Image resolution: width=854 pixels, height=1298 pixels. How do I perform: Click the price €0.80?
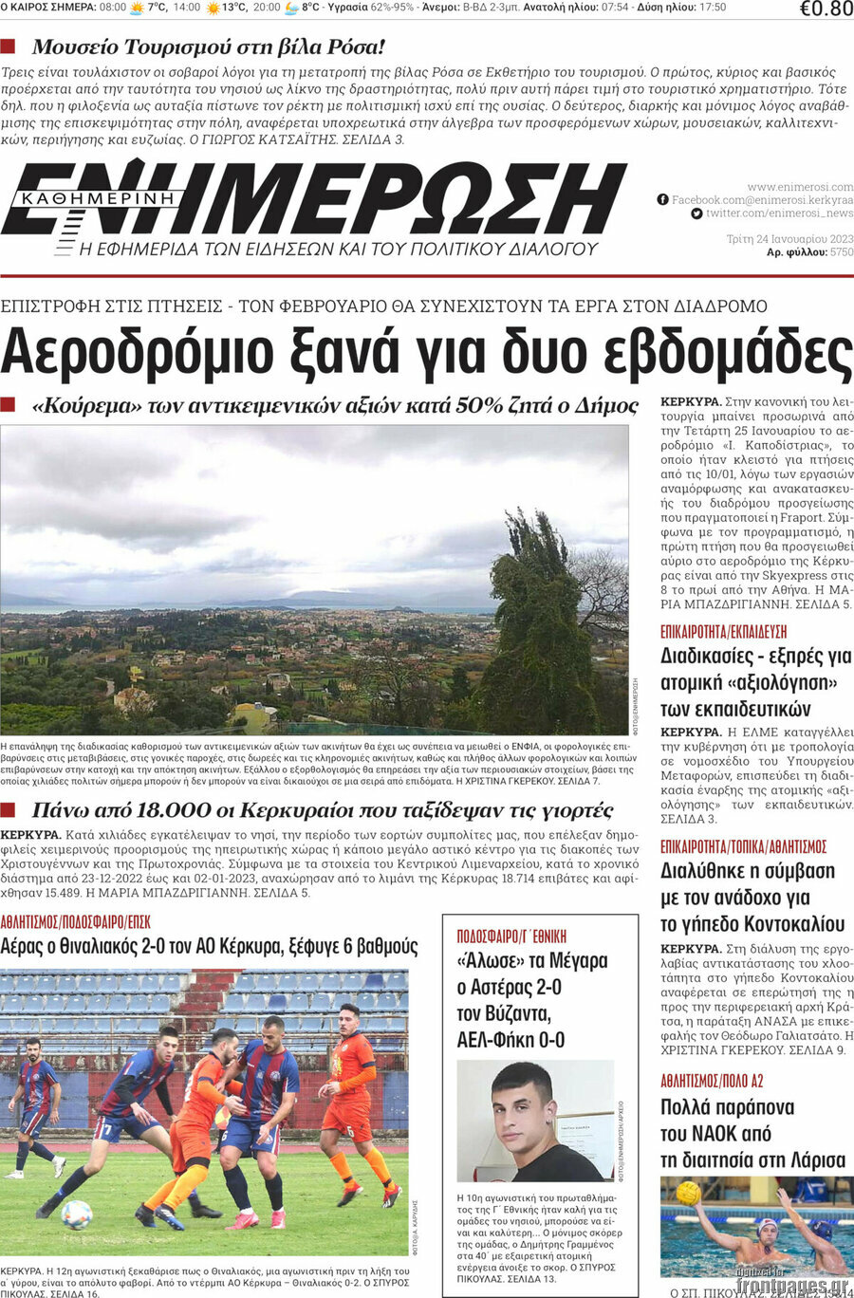coord(826,9)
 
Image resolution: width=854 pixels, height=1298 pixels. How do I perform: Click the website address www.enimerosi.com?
coord(800,187)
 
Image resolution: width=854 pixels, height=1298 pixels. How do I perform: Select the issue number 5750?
coord(842,252)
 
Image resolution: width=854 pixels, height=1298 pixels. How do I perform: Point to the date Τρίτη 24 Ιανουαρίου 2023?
coord(789,239)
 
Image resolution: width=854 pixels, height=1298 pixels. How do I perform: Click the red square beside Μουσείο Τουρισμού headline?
coord(9,46)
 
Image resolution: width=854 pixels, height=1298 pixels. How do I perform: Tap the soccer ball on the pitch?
coord(76,1214)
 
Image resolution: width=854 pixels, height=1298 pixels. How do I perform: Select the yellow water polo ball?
coord(688,1193)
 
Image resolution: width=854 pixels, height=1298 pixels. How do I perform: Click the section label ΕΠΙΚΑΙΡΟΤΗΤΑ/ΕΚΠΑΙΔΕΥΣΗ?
coord(723,632)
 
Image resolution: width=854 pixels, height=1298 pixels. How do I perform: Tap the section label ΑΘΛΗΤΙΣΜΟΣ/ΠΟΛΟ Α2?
coord(712,1081)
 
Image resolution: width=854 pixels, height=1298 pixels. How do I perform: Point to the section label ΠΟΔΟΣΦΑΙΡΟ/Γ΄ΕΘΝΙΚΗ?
coord(511,936)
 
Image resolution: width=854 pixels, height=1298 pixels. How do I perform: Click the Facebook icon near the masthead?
coord(662,200)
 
